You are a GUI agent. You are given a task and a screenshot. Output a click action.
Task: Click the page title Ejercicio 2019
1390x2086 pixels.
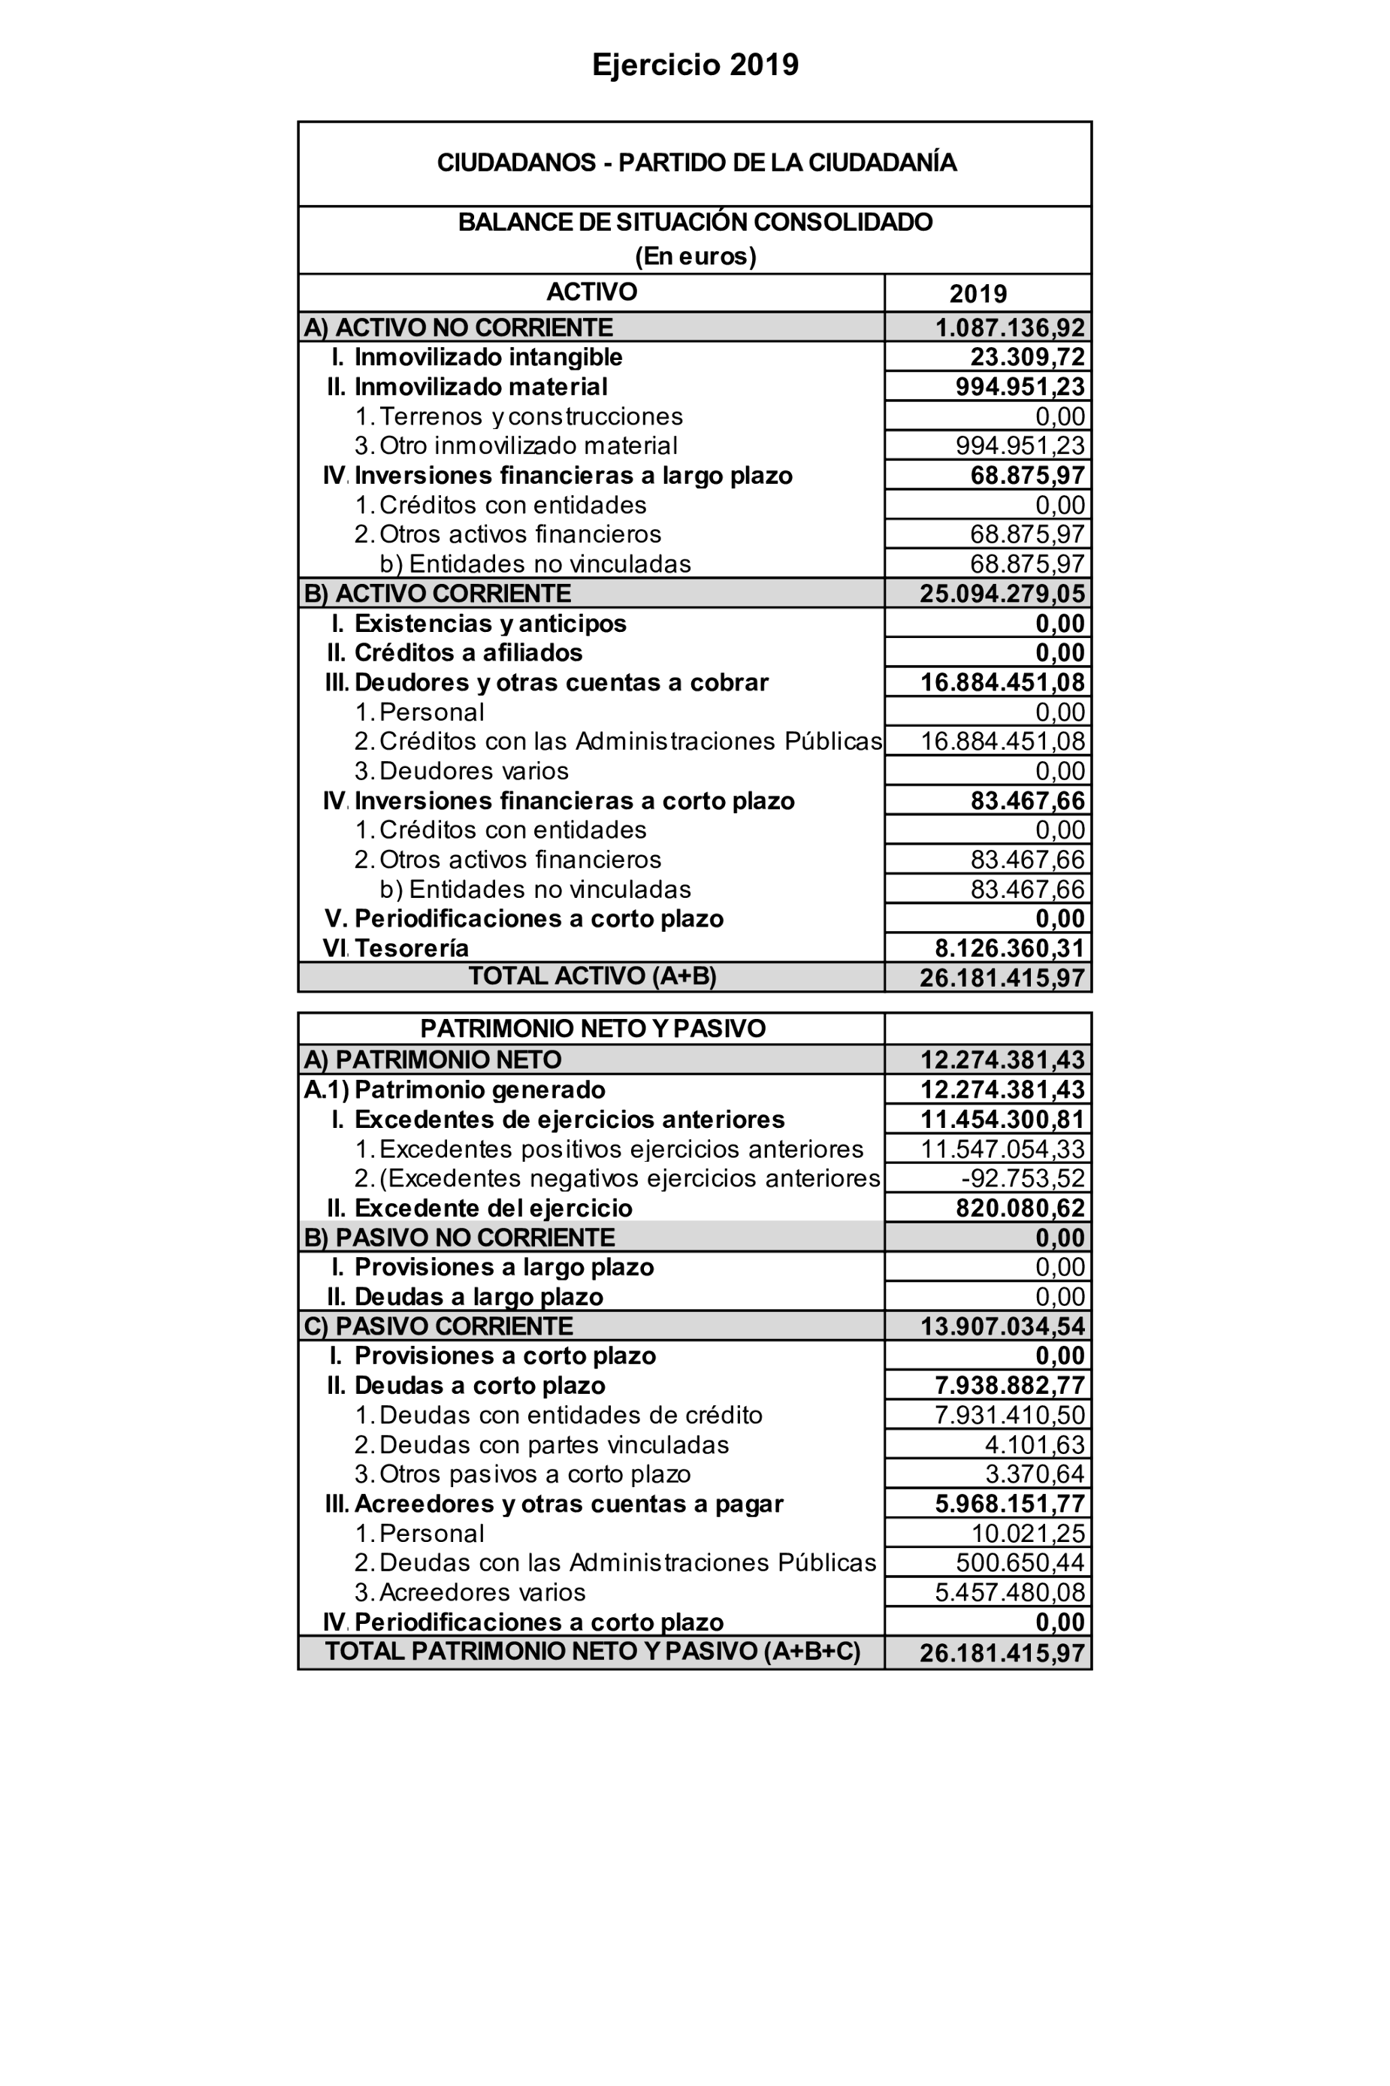(695, 65)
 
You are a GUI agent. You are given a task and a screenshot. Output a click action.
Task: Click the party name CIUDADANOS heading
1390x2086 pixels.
(696, 163)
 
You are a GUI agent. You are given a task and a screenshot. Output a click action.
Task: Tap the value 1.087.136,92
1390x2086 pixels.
(1010, 328)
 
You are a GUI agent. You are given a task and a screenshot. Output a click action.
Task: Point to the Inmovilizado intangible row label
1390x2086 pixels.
(488, 357)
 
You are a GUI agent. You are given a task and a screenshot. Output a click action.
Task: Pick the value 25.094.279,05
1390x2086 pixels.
(1002, 594)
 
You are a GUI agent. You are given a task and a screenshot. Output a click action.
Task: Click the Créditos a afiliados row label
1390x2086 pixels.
(468, 653)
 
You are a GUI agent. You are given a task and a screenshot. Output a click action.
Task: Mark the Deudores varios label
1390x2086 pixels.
(473, 771)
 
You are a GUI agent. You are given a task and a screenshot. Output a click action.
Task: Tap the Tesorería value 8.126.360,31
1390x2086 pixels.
(1010, 948)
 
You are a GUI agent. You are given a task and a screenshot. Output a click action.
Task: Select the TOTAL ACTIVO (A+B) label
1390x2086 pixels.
(592, 976)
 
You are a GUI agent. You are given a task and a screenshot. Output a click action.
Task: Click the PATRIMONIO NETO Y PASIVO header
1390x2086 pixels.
(592, 1029)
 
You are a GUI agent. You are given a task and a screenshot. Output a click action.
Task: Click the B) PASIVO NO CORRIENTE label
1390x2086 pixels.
(459, 1238)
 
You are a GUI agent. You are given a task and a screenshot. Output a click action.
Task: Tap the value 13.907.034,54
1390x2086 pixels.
(1002, 1326)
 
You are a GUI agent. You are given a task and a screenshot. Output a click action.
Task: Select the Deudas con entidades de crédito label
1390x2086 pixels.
(570, 1415)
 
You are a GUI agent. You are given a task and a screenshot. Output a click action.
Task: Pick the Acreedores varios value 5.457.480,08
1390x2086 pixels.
(1010, 1592)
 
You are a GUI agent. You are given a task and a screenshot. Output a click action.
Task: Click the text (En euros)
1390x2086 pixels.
(696, 256)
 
